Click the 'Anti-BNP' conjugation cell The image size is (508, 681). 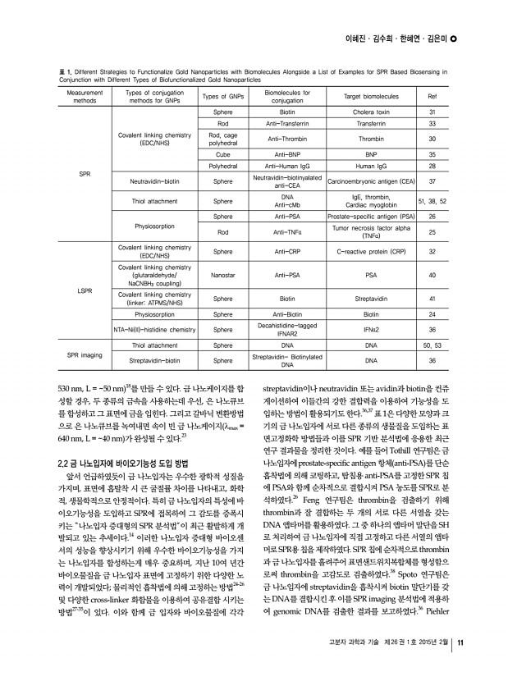pyautogui.click(x=287, y=153)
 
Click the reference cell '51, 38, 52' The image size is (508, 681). pyautogui.click(x=432, y=199)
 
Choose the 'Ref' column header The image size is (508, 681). pyautogui.click(x=432, y=96)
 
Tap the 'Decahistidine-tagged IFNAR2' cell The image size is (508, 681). pyautogui.click(x=287, y=330)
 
